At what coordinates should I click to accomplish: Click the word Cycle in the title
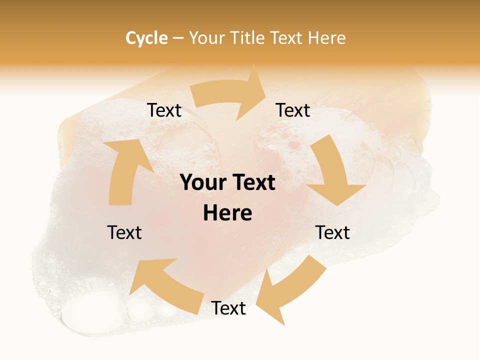coord(146,38)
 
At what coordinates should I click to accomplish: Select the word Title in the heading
coord(248,38)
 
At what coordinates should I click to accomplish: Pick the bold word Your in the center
coord(201,183)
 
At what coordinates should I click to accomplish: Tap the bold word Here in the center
coord(227,213)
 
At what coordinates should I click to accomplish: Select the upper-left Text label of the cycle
coord(164,110)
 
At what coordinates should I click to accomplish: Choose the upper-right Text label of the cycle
coord(293,110)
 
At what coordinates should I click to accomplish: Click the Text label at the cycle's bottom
coord(228,308)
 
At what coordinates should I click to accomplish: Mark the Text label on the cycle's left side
coord(124,232)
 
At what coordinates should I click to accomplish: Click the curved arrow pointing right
coord(230,95)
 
